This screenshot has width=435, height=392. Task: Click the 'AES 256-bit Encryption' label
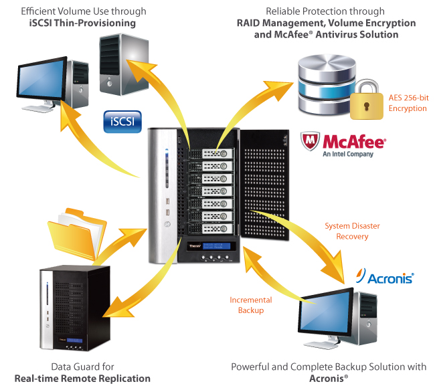[408, 103]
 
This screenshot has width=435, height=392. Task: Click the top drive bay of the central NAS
[213, 153]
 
